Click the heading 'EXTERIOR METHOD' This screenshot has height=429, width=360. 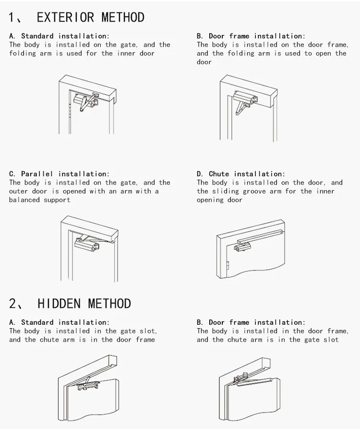pyautogui.click(x=90, y=17)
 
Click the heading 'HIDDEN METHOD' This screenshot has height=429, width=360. pyautogui.click(x=84, y=304)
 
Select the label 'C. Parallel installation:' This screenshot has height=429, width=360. pyautogui.click(x=59, y=174)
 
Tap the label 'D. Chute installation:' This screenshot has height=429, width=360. pyautogui.click(x=240, y=174)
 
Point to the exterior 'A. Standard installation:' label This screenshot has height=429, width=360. pyautogui.click(x=59, y=36)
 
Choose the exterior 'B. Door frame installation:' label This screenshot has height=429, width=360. pyautogui.click(x=251, y=36)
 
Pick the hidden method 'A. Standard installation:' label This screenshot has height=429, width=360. pyautogui.click(x=59, y=322)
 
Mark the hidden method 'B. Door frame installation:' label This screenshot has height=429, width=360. pyautogui.click(x=251, y=322)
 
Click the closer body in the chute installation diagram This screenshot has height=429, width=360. pyautogui.click(x=243, y=248)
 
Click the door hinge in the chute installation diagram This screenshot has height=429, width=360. pyautogui.click(x=228, y=265)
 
